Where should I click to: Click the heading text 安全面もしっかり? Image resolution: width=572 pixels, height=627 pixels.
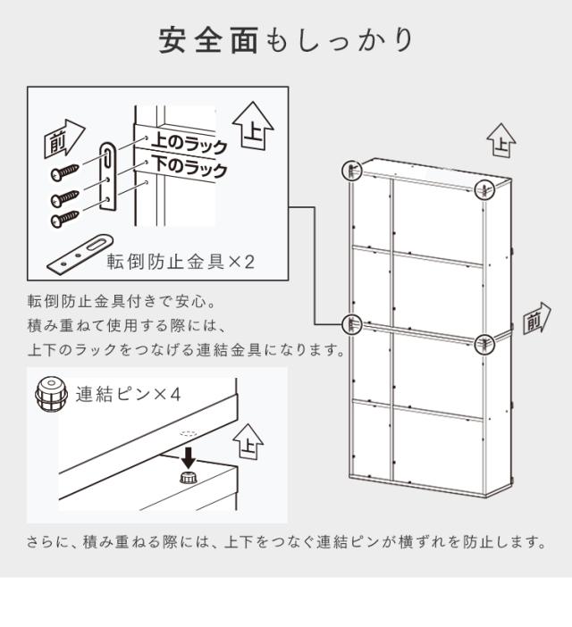[286, 40]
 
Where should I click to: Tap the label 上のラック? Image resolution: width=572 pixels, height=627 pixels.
[189, 144]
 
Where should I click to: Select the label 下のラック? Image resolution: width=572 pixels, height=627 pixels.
[189, 167]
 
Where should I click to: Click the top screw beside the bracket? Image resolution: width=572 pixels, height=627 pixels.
[65, 172]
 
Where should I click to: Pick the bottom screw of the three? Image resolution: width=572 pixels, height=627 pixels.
[65, 218]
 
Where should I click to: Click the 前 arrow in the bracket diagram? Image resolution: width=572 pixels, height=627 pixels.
[64, 138]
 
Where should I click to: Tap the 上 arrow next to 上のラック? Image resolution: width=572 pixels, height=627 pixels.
[253, 126]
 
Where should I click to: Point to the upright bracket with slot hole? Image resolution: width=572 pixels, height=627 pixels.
[108, 176]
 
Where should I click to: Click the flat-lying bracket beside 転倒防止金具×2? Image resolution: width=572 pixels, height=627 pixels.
[80, 254]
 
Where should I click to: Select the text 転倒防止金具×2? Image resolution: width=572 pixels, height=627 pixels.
[181, 262]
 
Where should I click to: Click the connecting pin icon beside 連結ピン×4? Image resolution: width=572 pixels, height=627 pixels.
[50, 394]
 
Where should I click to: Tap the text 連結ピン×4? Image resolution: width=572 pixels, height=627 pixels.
[129, 394]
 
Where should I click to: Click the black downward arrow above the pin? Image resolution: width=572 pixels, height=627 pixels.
[188, 458]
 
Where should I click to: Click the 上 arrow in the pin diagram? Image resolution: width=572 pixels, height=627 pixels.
[248, 442]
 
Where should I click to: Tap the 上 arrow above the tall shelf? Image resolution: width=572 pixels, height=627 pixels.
[501, 140]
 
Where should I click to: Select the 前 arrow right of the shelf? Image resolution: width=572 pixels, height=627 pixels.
[537, 319]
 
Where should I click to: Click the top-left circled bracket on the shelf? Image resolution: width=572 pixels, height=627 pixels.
[351, 171]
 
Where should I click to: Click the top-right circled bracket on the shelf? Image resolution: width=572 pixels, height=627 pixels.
[484, 189]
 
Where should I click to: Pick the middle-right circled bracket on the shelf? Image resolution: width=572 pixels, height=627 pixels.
[484, 344]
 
